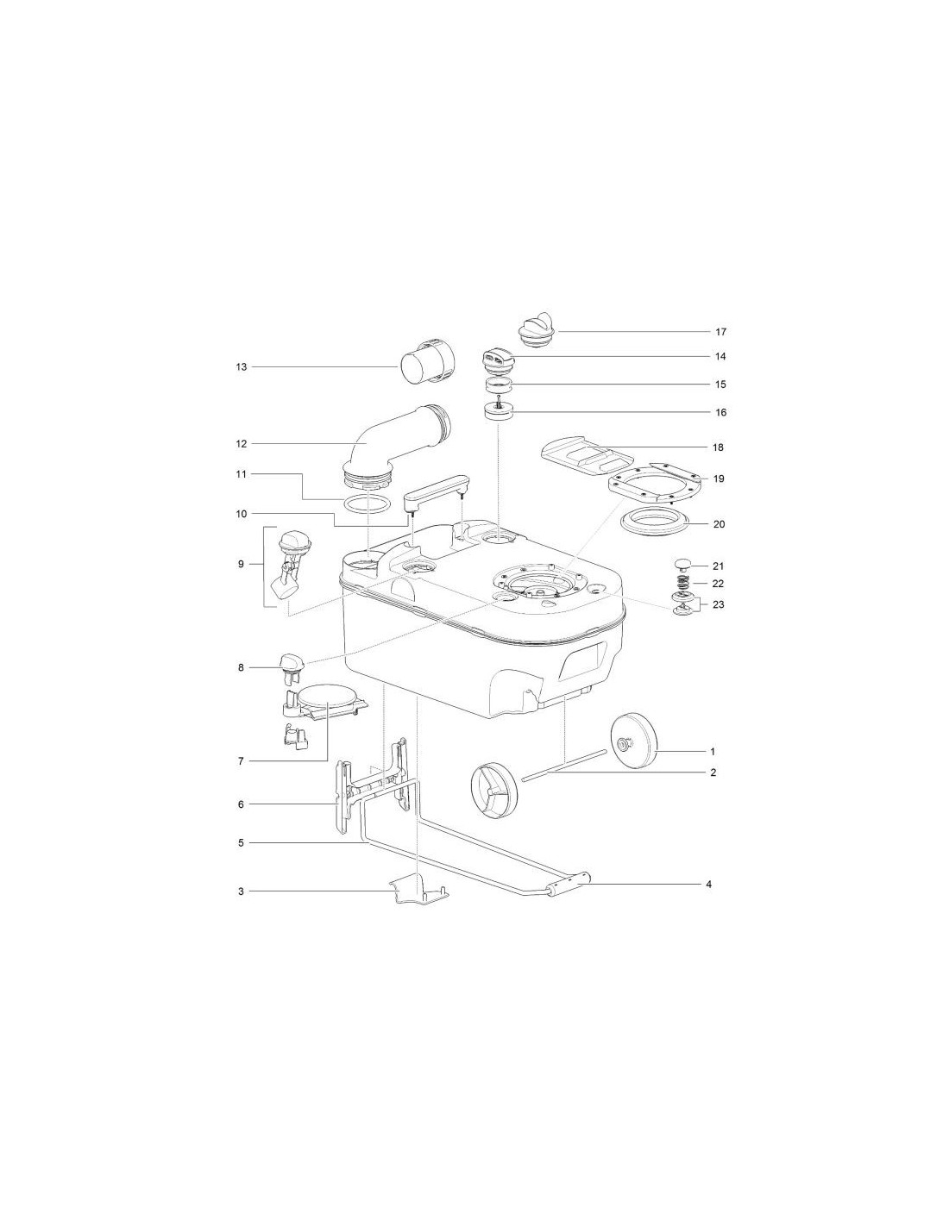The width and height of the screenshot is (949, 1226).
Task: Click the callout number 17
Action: (x=720, y=332)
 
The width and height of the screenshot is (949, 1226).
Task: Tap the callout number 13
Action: (x=241, y=367)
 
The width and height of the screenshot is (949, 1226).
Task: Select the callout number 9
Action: (x=241, y=564)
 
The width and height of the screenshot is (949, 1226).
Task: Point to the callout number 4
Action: (x=708, y=884)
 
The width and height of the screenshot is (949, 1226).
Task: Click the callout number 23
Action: (x=718, y=604)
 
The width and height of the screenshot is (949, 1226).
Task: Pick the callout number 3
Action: (x=241, y=891)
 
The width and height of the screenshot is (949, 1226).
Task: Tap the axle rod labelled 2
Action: (x=564, y=766)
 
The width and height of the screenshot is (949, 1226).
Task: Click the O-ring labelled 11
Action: (x=367, y=504)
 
